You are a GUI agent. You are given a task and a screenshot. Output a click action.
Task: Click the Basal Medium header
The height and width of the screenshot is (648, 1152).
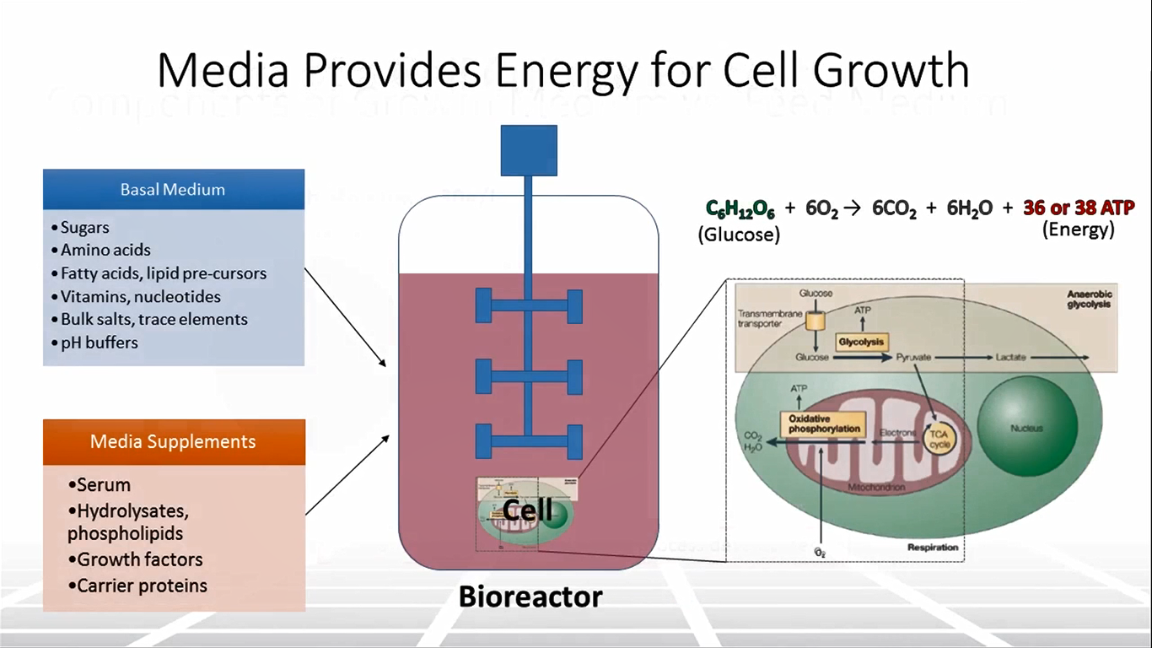click(x=173, y=189)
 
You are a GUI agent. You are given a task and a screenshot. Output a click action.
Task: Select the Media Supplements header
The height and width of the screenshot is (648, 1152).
click(x=173, y=441)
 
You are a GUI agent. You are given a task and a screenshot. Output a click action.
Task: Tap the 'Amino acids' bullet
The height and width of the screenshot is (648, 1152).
click(x=105, y=250)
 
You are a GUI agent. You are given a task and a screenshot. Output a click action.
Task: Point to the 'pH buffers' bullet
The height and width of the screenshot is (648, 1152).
click(x=99, y=343)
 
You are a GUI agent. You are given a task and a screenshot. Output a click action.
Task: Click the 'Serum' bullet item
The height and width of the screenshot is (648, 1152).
click(x=103, y=485)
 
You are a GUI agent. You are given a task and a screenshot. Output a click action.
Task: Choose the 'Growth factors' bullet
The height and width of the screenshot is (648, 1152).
click(x=139, y=559)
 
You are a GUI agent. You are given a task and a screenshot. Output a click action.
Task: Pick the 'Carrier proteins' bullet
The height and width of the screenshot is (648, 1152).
click(x=142, y=586)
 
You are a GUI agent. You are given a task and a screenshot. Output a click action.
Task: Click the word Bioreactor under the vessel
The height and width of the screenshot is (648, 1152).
click(x=530, y=597)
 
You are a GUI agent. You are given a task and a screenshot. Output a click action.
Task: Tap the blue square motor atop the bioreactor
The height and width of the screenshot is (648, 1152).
click(x=529, y=150)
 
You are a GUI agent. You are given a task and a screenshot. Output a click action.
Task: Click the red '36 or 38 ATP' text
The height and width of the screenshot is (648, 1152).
click(x=1079, y=208)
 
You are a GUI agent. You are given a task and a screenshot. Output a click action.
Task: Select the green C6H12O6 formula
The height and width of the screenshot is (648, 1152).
click(x=739, y=208)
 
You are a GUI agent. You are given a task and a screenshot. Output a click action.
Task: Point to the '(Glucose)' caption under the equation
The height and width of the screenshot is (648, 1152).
click(x=739, y=235)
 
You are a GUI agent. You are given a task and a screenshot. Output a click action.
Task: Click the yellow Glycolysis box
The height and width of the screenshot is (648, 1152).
click(x=861, y=342)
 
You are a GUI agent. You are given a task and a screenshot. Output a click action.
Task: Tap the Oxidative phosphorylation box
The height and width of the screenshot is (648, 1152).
click(x=825, y=424)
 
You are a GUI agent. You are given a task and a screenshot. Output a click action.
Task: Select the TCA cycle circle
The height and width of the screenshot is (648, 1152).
click(x=939, y=437)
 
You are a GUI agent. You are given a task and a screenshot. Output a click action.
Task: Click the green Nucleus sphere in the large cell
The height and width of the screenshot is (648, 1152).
click(x=1026, y=428)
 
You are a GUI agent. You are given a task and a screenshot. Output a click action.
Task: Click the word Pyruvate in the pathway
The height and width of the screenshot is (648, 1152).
click(x=913, y=358)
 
